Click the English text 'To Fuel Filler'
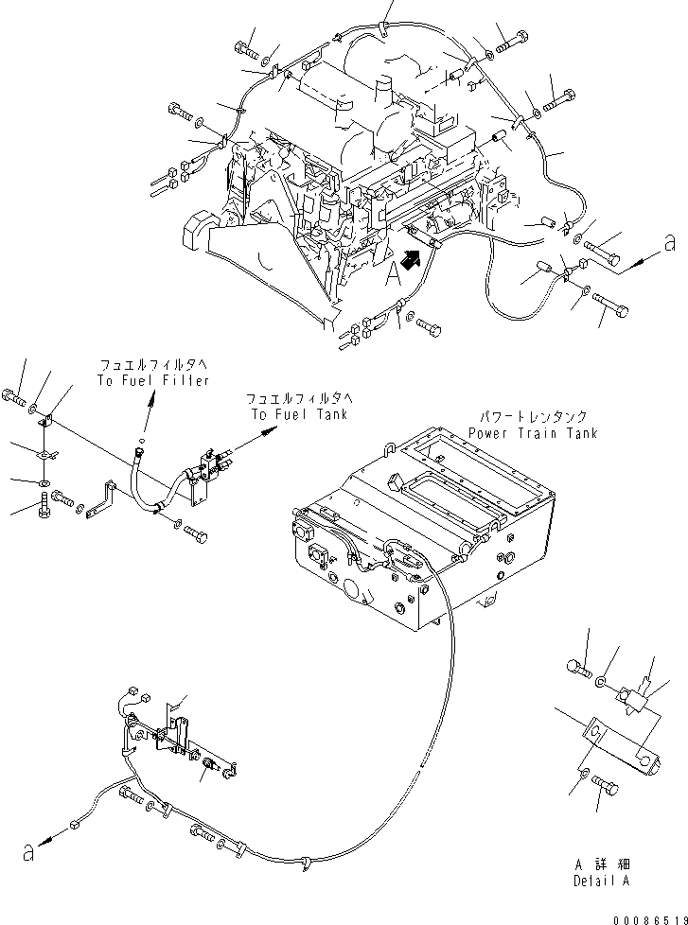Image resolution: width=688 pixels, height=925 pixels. point(151,380)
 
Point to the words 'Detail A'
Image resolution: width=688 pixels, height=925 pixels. point(601,881)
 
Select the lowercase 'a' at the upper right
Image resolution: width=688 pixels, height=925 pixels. point(669,244)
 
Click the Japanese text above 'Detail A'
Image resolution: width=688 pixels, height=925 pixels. point(601,864)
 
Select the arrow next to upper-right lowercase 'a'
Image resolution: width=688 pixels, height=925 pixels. point(634,261)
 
